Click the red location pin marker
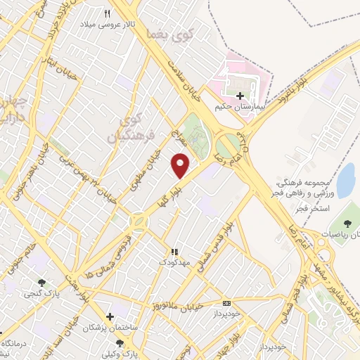click(181, 166)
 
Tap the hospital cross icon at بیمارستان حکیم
click(241, 96)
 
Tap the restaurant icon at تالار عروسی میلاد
click(108, 13)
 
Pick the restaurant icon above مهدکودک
click(175, 251)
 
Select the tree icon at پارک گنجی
click(31, 278)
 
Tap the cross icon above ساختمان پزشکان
click(109, 317)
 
